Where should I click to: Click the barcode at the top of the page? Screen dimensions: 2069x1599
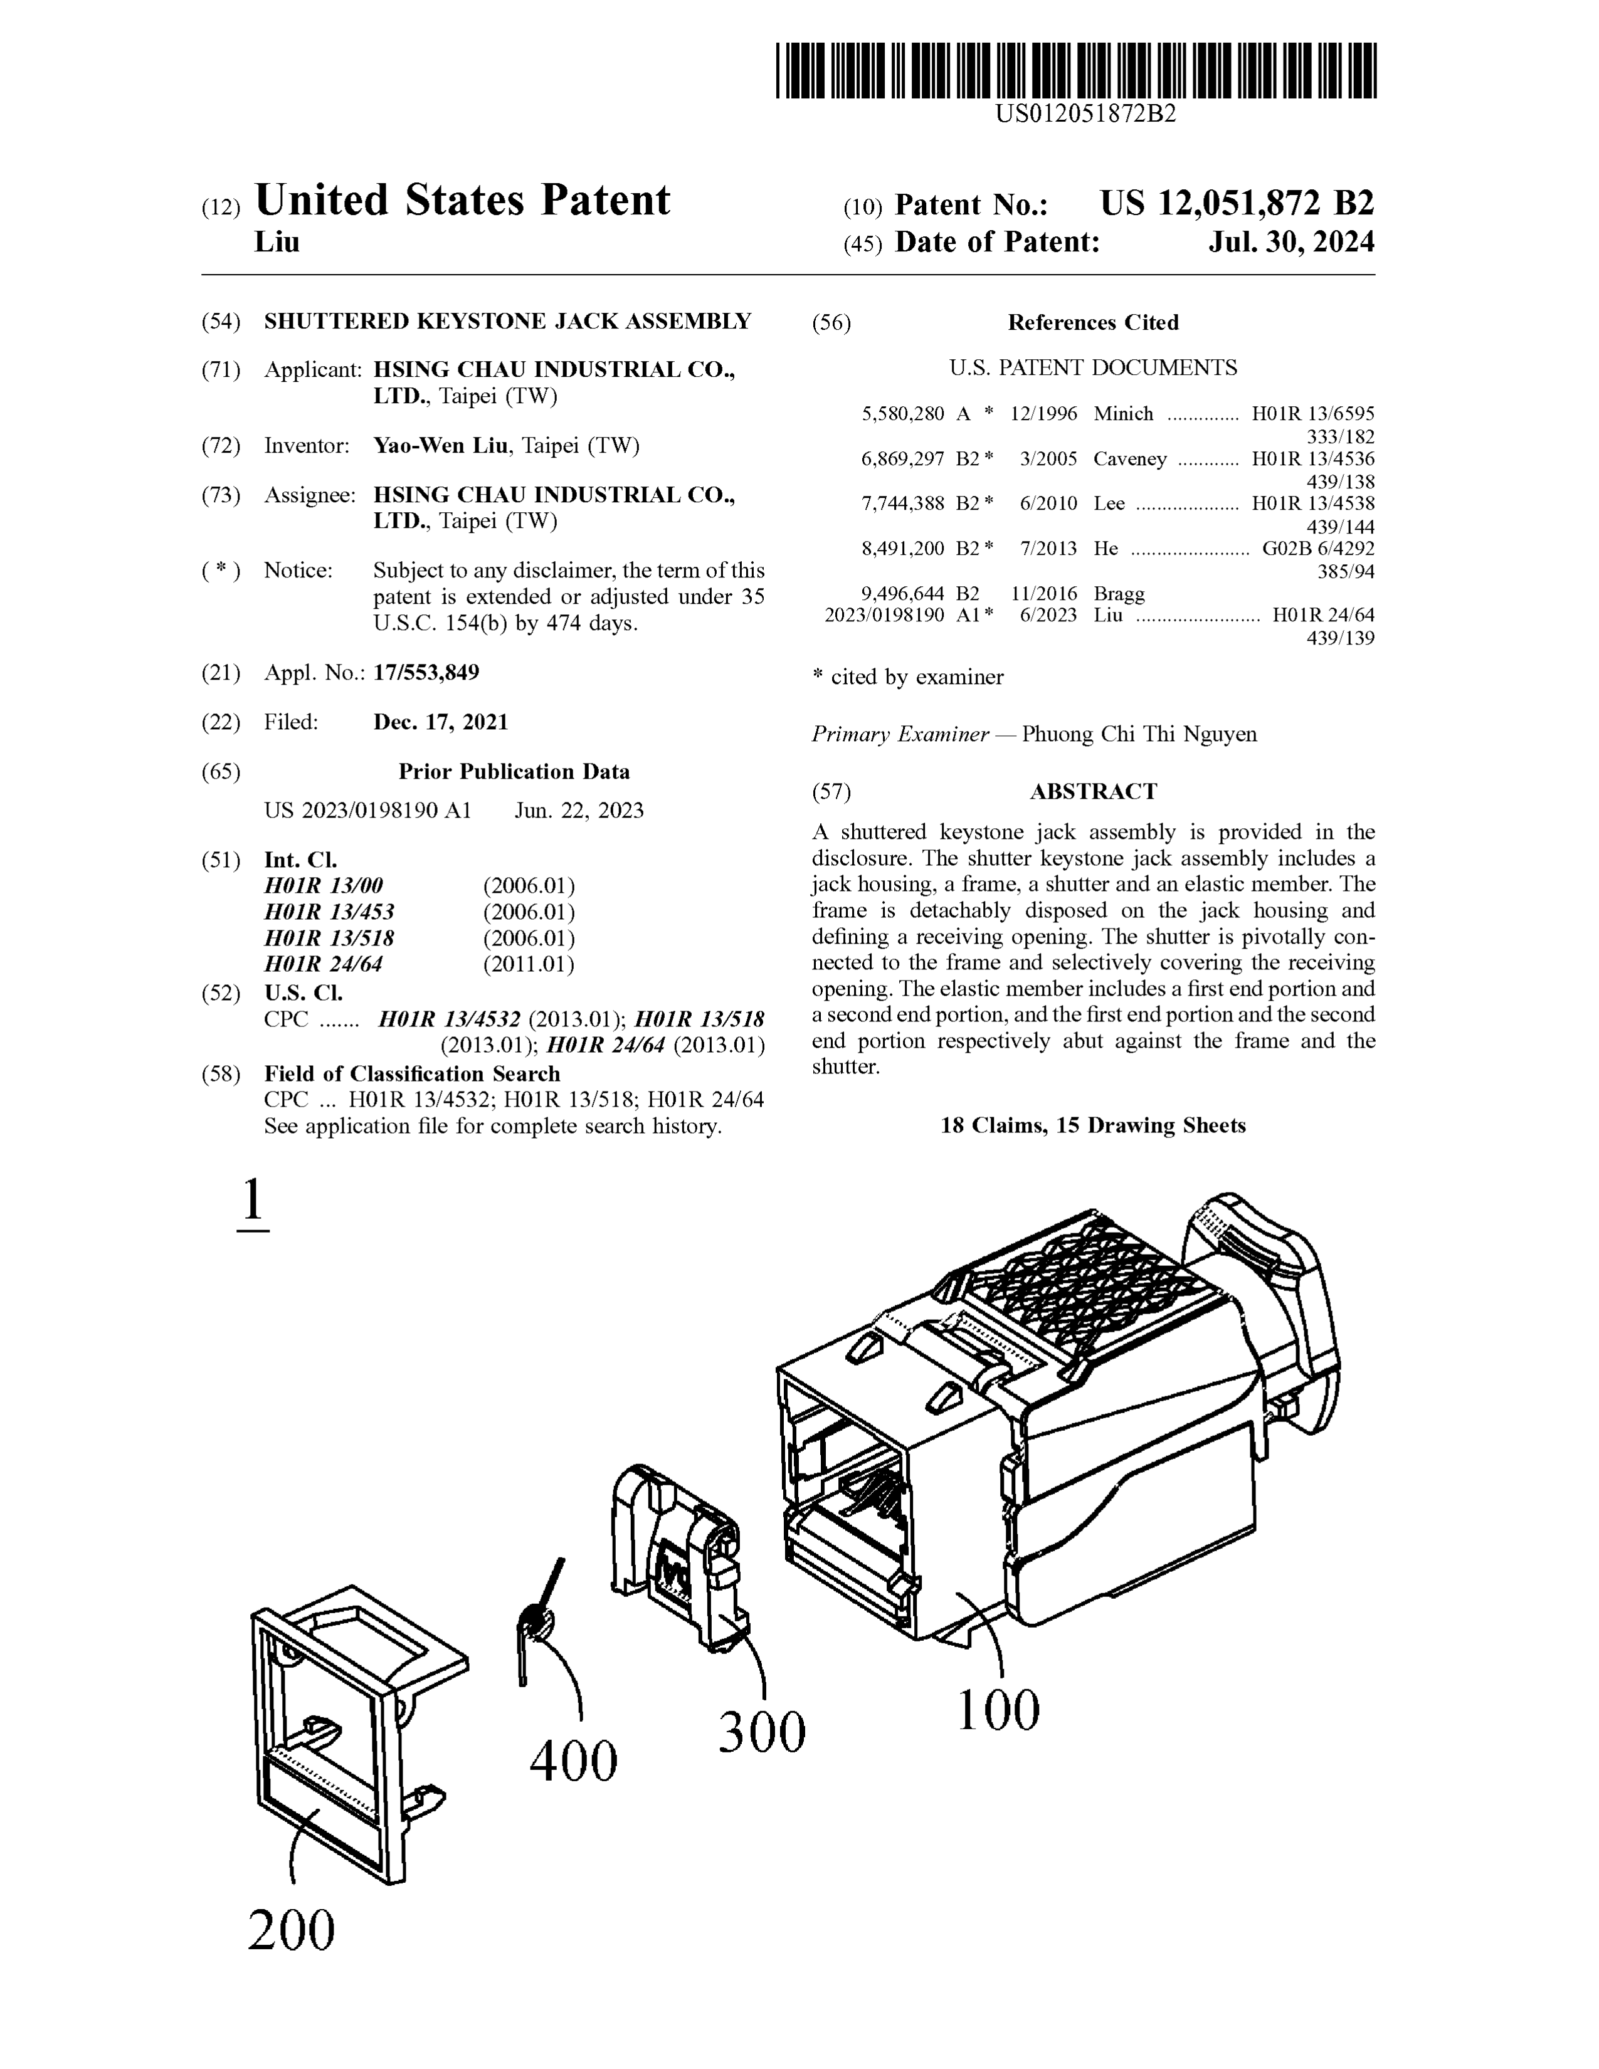click(1075, 70)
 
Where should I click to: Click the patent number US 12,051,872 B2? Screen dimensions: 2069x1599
click(1236, 204)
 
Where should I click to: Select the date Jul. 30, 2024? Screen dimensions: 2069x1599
click(1290, 243)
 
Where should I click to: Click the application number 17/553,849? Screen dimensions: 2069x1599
click(426, 673)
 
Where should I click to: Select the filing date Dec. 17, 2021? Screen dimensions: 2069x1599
click(440, 722)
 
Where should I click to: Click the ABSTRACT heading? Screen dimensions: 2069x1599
click(1093, 791)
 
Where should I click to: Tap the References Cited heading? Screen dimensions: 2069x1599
click(1093, 322)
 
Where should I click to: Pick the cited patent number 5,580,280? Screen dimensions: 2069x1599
click(903, 414)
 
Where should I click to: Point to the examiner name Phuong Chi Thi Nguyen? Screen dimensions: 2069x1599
click(1139, 734)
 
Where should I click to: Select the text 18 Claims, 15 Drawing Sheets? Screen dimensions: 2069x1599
click(1093, 1125)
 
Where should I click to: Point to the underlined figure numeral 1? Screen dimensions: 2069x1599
click(252, 1201)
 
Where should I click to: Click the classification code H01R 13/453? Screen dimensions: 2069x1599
click(329, 912)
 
